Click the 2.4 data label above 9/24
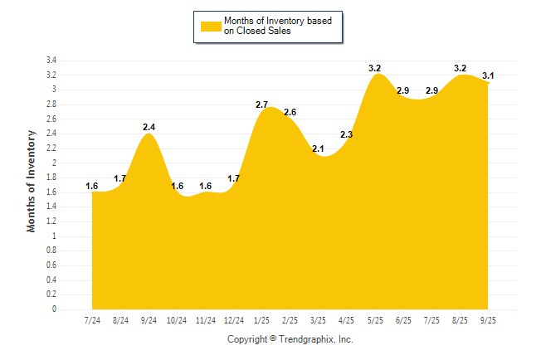149,127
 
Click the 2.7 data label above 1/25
261,105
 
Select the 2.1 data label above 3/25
318,148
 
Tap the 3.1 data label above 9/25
489,75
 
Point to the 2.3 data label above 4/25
346,134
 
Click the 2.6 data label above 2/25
290,112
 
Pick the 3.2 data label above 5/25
374,68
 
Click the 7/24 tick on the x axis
93,320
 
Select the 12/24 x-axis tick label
234,320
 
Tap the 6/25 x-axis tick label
404,320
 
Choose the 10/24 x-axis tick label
178,320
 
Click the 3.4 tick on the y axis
51,61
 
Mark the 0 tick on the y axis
54,309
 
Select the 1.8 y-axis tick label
51,178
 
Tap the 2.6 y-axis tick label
51,119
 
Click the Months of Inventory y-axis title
32,181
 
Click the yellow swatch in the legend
211,27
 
